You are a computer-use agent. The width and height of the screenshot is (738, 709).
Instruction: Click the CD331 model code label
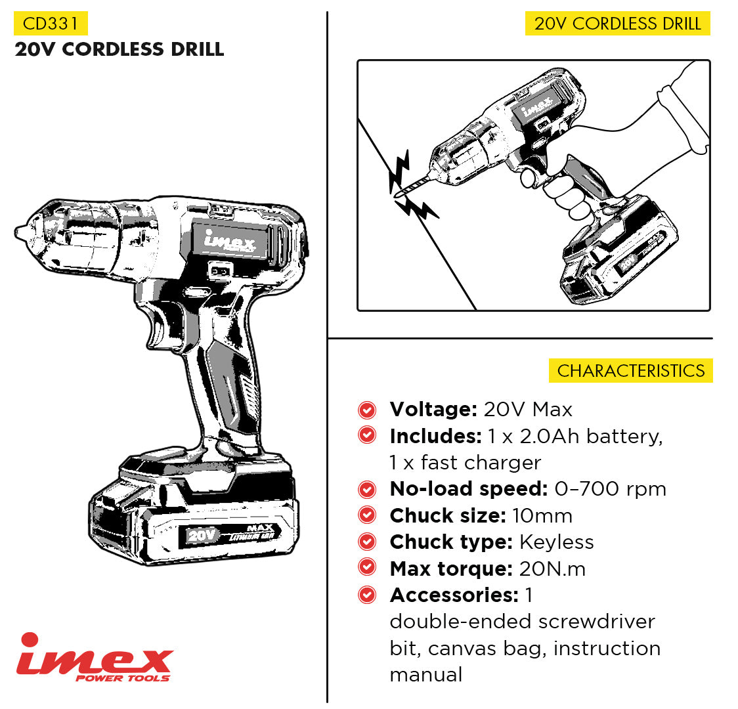[51, 24]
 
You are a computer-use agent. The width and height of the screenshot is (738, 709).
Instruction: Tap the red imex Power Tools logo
[95, 658]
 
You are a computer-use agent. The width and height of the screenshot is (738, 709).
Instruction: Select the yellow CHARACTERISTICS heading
[631, 371]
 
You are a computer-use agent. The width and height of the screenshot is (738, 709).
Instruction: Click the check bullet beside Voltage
[367, 410]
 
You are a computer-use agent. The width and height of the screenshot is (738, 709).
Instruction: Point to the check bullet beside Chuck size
[367, 515]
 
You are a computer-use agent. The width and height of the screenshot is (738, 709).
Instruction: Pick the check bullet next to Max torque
[367, 568]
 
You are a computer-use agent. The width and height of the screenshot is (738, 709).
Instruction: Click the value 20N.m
[553, 569]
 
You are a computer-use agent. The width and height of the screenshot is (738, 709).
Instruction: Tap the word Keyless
[556, 542]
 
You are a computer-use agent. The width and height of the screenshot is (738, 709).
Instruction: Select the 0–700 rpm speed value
[611, 489]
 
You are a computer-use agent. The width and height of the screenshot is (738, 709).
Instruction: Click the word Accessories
[454, 595]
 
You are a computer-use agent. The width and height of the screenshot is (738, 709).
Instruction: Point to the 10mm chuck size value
[542, 515]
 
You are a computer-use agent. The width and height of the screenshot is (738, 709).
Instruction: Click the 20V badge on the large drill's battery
[202, 536]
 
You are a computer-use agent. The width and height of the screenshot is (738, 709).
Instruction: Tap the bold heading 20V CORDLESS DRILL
[119, 49]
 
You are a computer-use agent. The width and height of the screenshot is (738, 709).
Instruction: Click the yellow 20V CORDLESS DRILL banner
[617, 24]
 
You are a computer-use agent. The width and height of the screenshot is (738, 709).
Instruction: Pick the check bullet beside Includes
[367, 435]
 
